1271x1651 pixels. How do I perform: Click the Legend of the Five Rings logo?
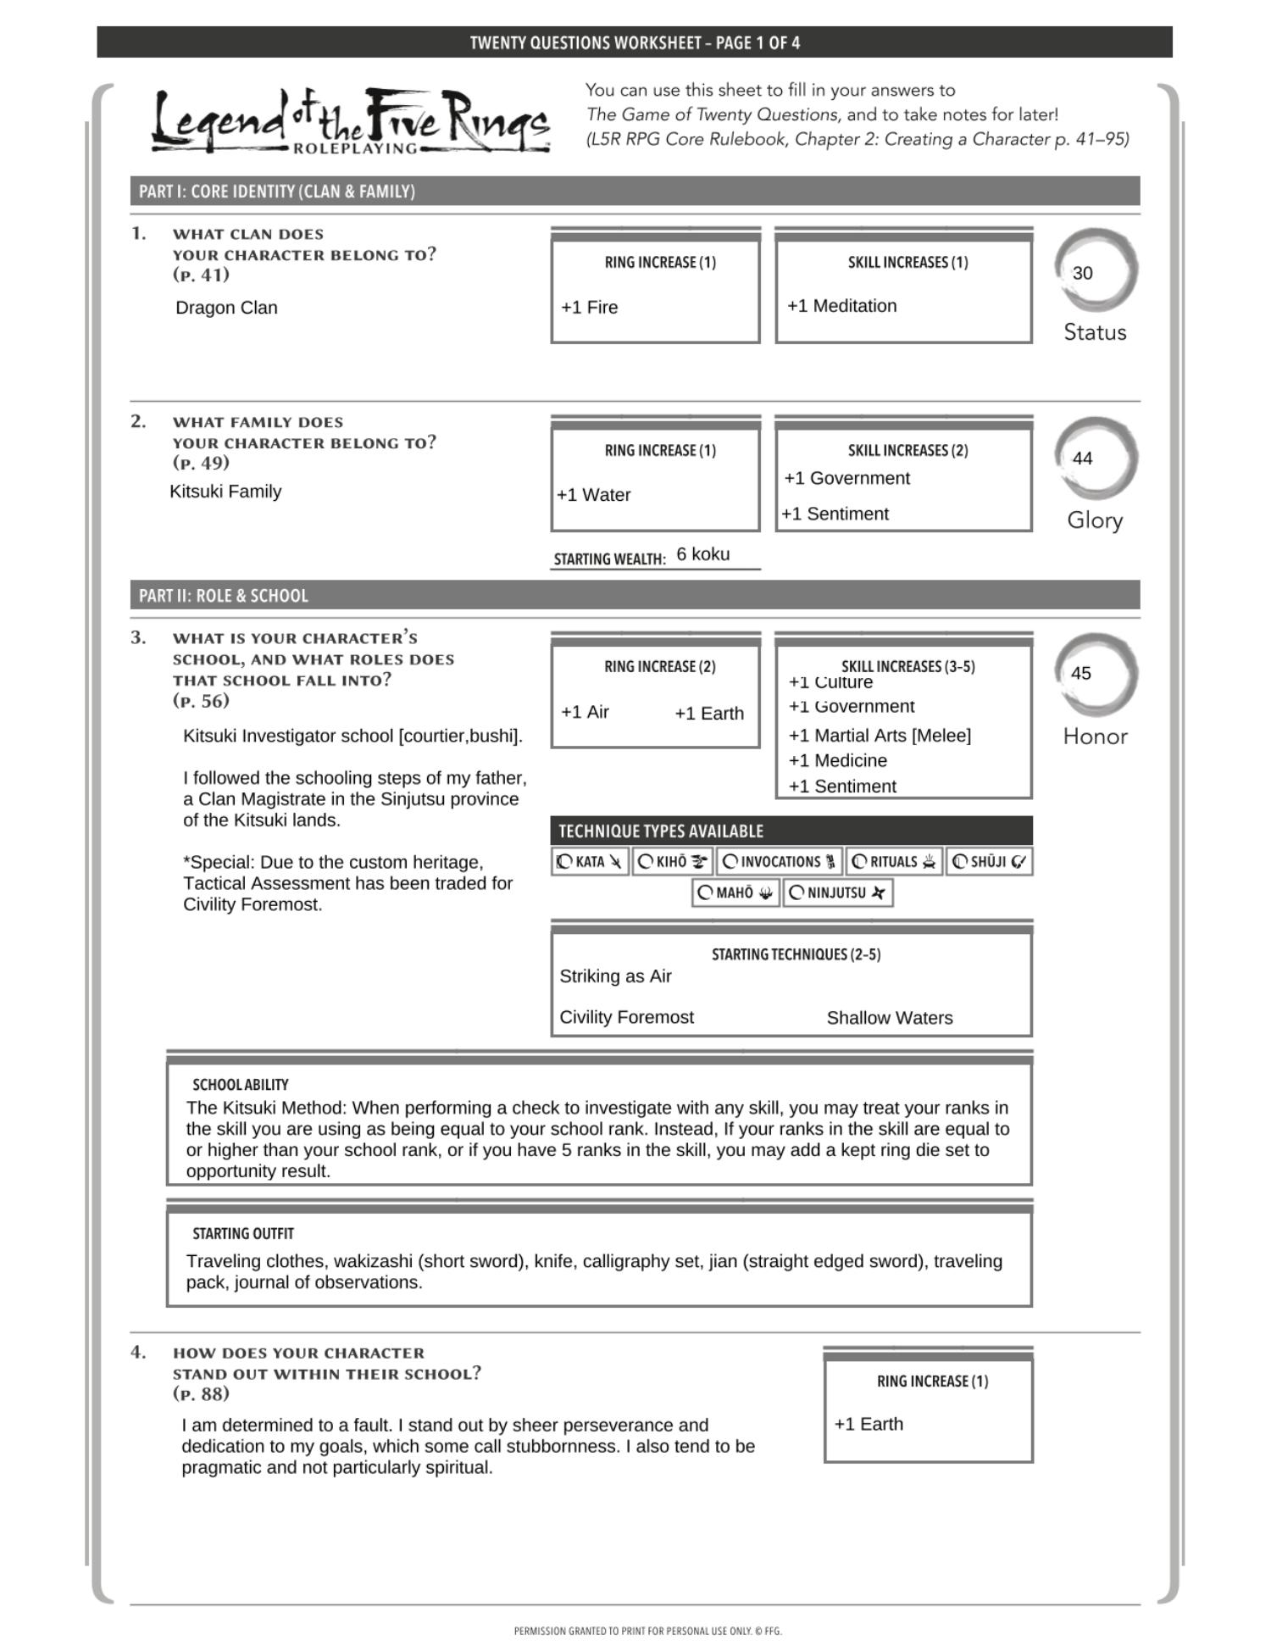coord(350,123)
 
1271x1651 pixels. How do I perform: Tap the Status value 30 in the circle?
coord(1082,273)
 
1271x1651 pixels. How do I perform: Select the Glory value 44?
coord(1082,459)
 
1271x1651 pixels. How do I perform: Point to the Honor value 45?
coord(1080,674)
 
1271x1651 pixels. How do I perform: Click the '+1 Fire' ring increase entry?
coord(589,308)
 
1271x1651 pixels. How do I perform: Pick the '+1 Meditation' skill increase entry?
coord(841,306)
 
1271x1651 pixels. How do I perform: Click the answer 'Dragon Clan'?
coord(226,308)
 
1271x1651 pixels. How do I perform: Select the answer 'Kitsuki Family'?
coord(225,492)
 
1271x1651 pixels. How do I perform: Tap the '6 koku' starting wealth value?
coord(702,554)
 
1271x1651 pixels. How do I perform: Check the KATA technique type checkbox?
coord(564,862)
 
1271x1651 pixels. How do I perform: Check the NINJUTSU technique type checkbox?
coord(796,892)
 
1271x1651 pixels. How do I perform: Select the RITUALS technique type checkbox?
coord(859,862)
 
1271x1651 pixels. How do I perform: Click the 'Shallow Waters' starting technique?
coord(889,1018)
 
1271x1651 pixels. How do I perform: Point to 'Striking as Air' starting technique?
coord(615,976)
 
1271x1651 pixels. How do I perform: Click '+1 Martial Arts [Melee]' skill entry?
coord(880,736)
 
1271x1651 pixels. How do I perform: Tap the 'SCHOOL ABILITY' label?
coord(240,1085)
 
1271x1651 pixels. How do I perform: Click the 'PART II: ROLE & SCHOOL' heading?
coord(224,596)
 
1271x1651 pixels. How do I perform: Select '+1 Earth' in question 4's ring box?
coord(869,1424)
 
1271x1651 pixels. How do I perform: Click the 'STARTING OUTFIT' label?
coord(242,1234)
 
